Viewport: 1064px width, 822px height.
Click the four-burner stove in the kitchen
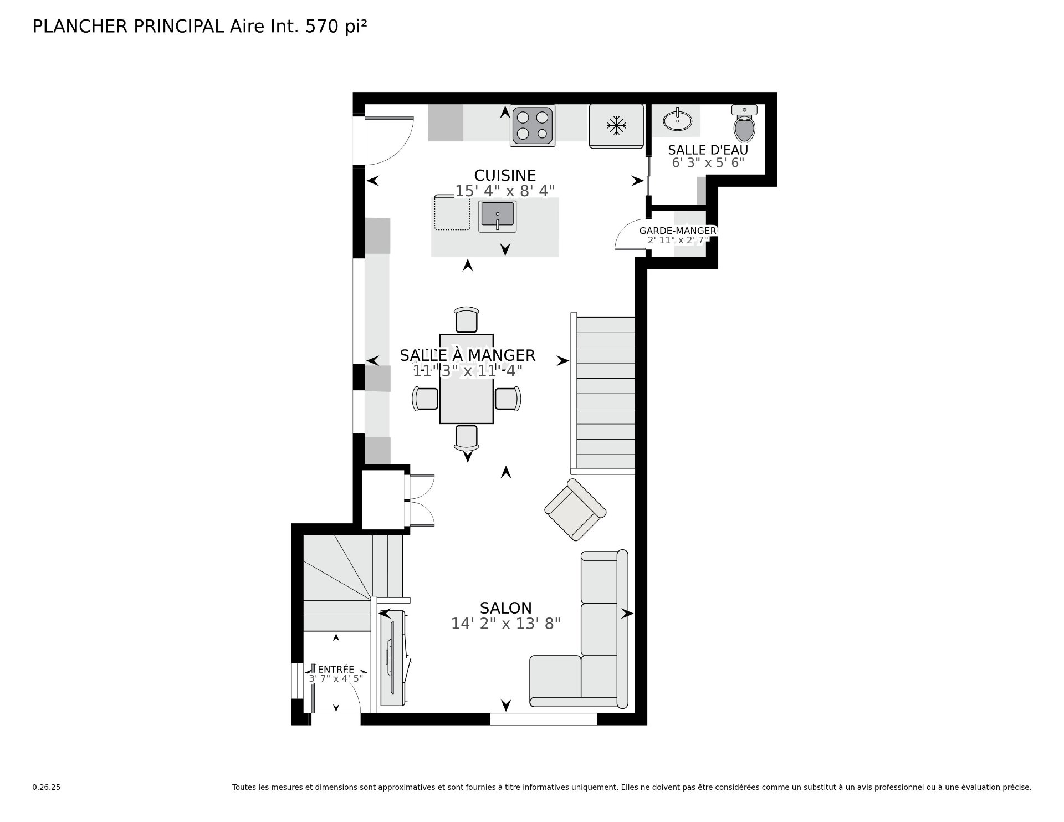click(x=533, y=126)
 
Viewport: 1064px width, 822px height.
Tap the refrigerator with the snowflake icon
click(x=616, y=126)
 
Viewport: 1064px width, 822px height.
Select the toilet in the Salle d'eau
click(x=744, y=124)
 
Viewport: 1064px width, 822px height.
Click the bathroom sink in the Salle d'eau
click(x=677, y=120)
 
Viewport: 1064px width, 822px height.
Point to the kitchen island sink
click(x=497, y=216)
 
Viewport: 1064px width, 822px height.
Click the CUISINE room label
click(x=505, y=175)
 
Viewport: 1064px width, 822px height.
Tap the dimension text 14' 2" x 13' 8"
click(x=505, y=624)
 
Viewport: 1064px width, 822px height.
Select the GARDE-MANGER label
click(x=677, y=231)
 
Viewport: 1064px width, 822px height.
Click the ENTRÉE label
click(x=336, y=669)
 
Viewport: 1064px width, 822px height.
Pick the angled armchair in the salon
click(x=575, y=509)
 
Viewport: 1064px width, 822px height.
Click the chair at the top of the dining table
click(x=466, y=320)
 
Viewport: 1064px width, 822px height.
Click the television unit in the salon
click(x=392, y=658)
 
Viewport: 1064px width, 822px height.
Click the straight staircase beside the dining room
click(x=605, y=394)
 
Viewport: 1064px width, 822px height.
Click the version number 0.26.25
click(x=46, y=787)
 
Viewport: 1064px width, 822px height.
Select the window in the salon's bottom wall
click(x=543, y=719)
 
